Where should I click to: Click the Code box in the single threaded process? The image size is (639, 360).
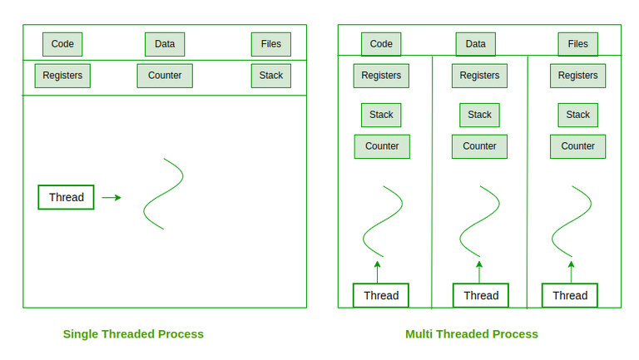62,44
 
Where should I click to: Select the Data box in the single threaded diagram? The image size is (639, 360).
165,44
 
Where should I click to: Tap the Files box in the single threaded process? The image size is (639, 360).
271,44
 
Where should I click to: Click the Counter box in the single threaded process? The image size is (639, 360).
165,76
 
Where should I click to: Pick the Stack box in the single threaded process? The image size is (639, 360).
271,76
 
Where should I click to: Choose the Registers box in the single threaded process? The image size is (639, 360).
62,76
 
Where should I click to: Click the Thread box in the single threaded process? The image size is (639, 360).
67,197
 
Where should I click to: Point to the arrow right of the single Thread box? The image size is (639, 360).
111,198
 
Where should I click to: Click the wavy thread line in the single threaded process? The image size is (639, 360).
164,193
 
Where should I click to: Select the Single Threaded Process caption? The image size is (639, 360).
133,334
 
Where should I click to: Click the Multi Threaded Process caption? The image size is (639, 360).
472,334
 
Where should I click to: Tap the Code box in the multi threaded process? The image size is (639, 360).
381,44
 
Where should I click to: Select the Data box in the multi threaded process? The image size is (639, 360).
476,44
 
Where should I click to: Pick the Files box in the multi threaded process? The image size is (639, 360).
577,44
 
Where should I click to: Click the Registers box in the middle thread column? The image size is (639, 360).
479,76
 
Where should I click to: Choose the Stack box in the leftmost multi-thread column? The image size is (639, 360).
381,115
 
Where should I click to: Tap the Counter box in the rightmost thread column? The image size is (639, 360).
577,146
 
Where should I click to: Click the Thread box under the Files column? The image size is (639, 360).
570,295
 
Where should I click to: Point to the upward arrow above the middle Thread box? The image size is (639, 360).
479,271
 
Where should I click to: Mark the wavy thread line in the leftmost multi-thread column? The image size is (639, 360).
383,220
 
